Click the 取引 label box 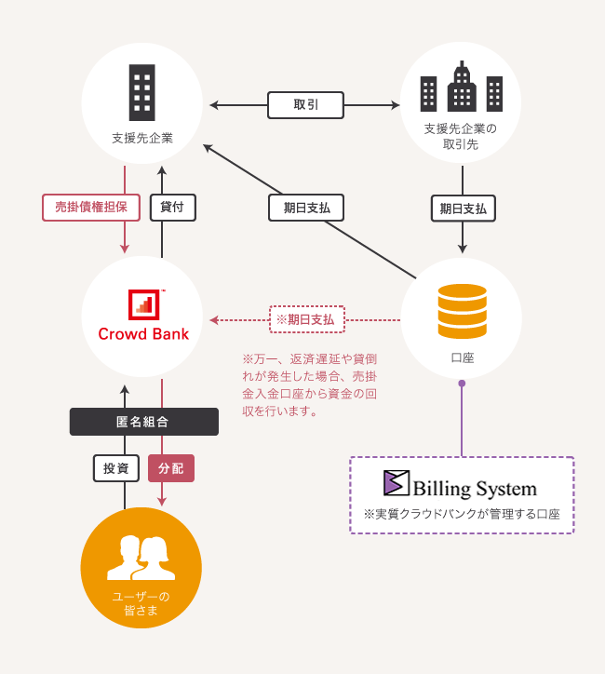305,105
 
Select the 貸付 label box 172,207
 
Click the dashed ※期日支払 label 307,319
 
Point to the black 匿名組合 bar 143,422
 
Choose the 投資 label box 116,468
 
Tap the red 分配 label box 171,468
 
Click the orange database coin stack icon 462,311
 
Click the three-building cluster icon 462,88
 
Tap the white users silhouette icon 141,558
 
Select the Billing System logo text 475,489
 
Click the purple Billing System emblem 397,483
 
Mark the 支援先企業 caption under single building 142,138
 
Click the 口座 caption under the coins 463,357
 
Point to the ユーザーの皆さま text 141,603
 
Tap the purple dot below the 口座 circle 462,383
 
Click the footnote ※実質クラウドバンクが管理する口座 462,514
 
